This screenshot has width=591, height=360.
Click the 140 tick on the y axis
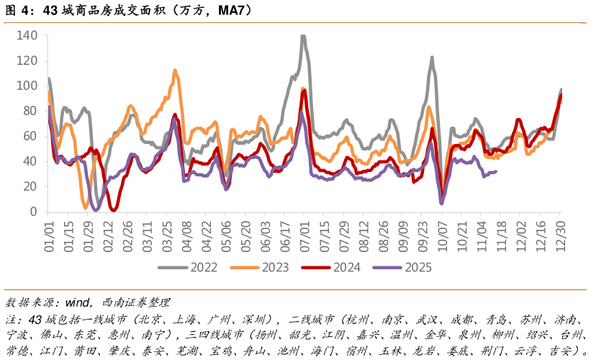pyautogui.click(x=28, y=35)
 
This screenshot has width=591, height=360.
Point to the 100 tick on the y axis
pyautogui.click(x=28, y=86)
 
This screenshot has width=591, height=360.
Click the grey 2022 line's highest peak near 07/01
pyautogui.click(x=303, y=35)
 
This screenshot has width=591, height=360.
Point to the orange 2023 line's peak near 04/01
pyautogui.click(x=175, y=70)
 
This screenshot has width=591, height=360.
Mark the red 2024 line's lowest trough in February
pyautogui.click(x=113, y=210)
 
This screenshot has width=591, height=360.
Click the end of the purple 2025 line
pyautogui.click(x=495, y=171)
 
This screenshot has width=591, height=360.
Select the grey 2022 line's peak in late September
pyautogui.click(x=432, y=58)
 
